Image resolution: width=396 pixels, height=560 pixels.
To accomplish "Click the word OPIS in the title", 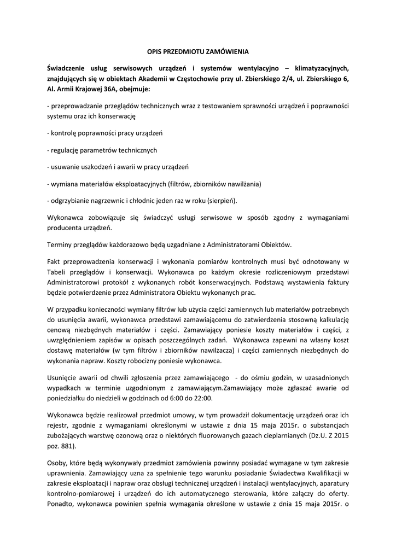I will click(156, 52).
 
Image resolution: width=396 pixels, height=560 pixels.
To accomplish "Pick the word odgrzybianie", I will click(71, 200).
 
